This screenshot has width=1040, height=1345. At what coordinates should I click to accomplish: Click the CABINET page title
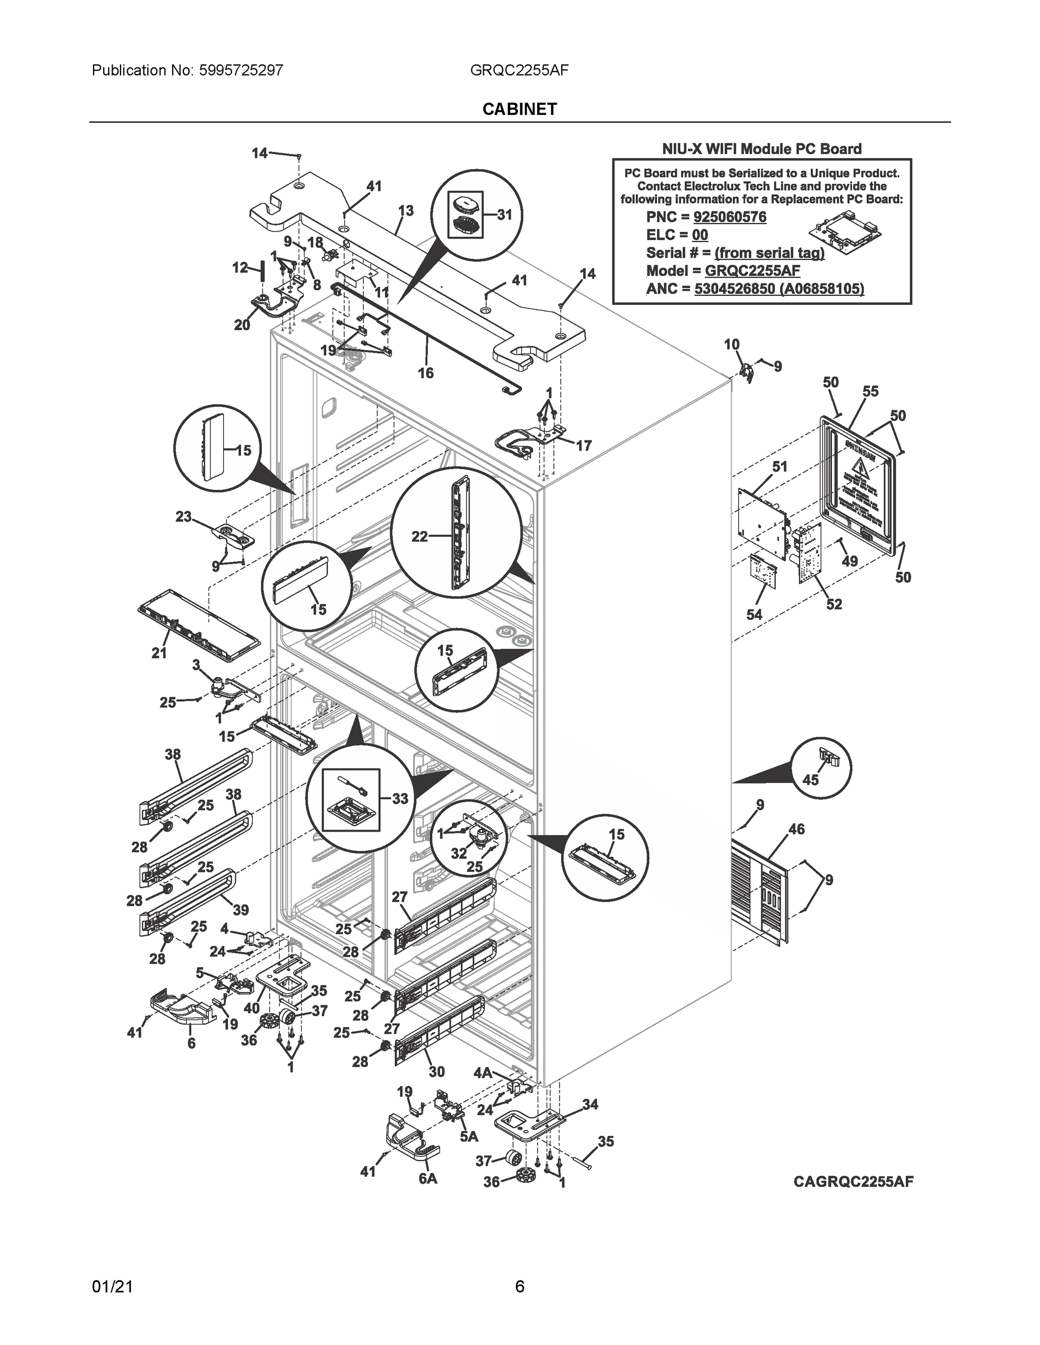[x=519, y=109]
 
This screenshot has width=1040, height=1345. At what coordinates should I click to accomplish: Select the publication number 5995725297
[x=241, y=70]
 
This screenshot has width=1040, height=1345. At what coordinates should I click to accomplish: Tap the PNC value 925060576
[x=729, y=217]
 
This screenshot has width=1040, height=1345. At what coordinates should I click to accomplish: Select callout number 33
[x=400, y=799]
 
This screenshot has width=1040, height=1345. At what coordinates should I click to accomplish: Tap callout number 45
[x=810, y=780]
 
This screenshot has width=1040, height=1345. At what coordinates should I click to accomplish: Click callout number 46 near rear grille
[x=796, y=829]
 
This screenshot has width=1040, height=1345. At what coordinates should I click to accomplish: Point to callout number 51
[x=779, y=467]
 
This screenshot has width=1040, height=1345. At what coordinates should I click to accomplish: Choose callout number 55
[x=870, y=391]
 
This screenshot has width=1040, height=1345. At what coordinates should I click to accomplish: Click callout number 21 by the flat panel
[x=159, y=653]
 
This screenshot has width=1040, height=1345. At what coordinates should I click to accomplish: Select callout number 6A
[x=428, y=1178]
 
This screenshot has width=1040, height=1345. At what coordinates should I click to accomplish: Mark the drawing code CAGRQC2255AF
[x=853, y=1181]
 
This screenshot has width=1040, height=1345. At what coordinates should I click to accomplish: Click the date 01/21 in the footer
[x=112, y=1287]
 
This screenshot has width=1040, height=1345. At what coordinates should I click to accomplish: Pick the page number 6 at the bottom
[x=519, y=1287]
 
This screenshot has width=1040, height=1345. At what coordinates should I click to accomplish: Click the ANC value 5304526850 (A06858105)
[x=779, y=288]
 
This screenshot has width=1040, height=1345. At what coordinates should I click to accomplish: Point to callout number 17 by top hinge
[x=584, y=446]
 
